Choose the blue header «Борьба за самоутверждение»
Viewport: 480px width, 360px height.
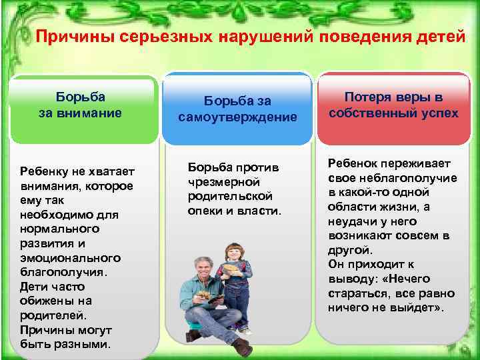(237, 109)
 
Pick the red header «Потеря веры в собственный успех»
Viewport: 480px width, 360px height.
(393, 105)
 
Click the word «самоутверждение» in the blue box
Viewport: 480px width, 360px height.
(237, 117)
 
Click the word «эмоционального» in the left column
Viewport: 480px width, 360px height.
(70, 257)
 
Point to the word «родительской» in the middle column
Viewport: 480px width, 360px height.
(230, 196)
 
